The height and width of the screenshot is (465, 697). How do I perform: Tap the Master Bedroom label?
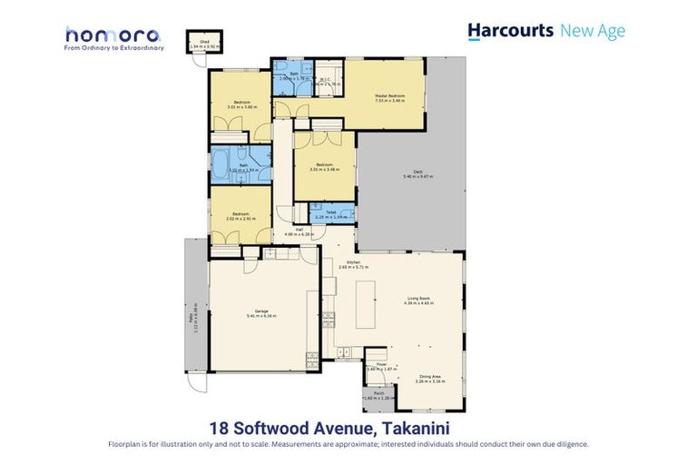coord(389,95)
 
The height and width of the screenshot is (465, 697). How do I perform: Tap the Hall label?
coord(299,232)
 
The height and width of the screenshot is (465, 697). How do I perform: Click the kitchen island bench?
coord(366,304)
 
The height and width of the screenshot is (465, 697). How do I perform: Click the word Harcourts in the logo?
coord(510,31)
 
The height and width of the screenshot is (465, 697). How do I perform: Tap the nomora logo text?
coord(113,35)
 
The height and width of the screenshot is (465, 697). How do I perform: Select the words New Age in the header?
coord(593,31)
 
